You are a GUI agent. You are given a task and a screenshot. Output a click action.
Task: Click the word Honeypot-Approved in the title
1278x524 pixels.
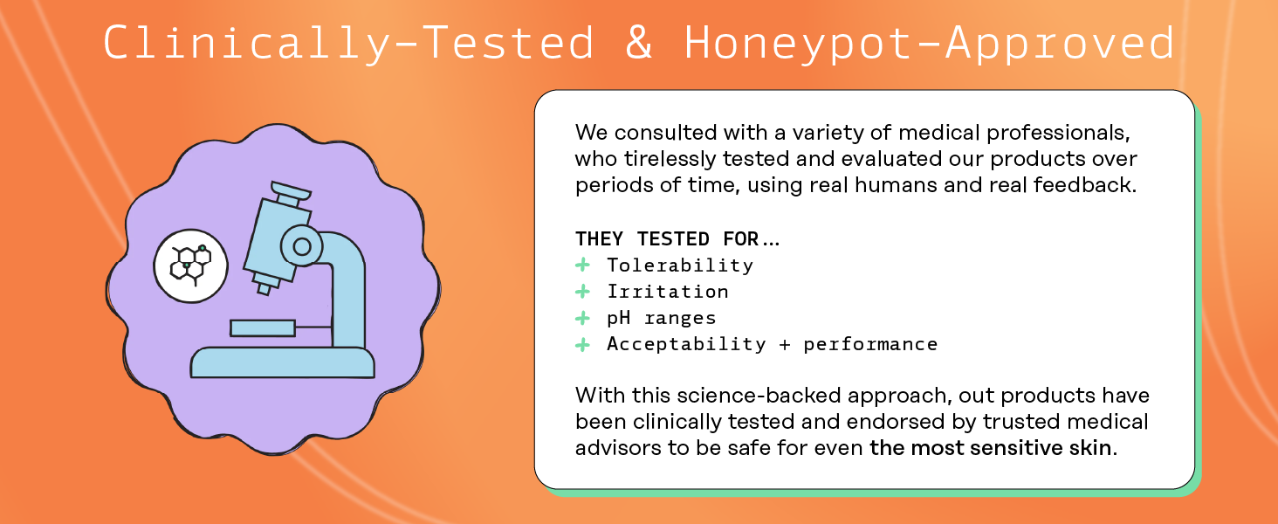930,43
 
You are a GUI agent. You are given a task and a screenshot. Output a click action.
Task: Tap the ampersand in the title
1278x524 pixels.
638,42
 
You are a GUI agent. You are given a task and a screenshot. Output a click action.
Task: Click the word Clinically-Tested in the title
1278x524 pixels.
348,43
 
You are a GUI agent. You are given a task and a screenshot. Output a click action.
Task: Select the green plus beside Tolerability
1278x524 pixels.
582,265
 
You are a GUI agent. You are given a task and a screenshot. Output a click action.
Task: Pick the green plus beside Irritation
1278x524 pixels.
582,291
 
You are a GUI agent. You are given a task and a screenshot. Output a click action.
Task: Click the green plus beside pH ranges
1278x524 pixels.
582,317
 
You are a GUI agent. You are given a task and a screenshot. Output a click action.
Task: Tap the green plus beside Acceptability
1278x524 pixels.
582,344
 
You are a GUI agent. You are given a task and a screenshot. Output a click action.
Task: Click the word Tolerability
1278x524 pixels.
680,265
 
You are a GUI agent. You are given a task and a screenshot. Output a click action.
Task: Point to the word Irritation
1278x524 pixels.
668,292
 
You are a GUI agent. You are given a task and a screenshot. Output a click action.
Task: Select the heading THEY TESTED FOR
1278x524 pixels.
677,238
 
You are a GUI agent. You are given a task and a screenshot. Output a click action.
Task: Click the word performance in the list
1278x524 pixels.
870,344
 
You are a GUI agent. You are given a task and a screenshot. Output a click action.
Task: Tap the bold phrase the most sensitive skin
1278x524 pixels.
991,447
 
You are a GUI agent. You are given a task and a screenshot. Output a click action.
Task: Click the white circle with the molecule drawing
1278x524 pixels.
191,266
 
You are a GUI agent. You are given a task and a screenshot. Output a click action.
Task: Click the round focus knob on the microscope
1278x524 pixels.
302,246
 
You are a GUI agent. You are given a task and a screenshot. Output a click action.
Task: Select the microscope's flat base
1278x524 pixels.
283,362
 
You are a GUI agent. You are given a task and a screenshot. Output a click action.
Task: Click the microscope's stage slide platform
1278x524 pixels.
263,328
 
